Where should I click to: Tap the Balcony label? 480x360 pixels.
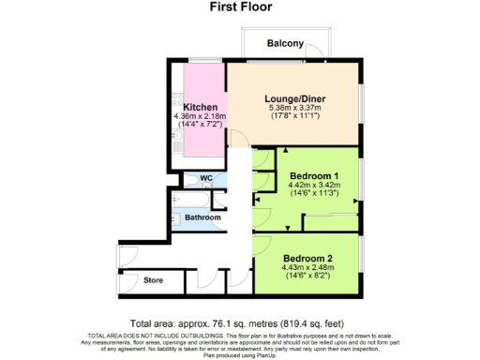tap(285, 44)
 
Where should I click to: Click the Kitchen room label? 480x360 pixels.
tap(201, 107)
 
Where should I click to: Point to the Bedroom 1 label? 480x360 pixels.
tap(315, 175)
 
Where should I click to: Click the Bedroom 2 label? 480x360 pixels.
tap(307, 257)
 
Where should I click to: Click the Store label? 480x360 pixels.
tap(153, 279)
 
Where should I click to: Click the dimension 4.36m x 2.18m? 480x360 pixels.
tap(201, 116)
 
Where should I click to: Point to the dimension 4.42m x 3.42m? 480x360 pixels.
tap(315, 186)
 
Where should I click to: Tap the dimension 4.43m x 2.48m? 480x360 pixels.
tap(307, 267)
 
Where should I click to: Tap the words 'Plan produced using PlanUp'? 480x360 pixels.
tap(240, 354)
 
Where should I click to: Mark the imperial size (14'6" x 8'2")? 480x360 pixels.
tap(307, 277)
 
